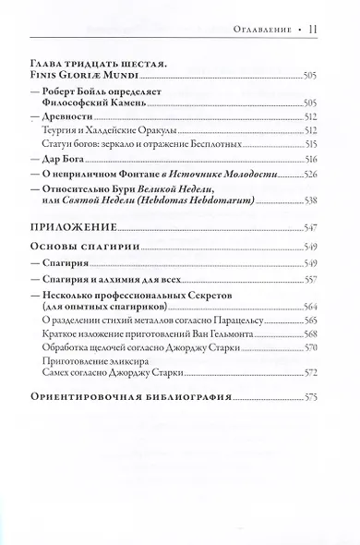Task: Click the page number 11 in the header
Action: click(315, 30)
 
